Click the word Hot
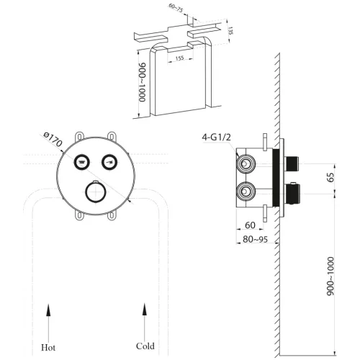click(x=49, y=346)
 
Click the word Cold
click(x=145, y=346)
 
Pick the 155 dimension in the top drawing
click(x=179, y=60)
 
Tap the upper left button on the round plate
click(x=83, y=161)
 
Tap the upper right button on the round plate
click(x=109, y=161)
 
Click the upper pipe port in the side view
click(x=247, y=165)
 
